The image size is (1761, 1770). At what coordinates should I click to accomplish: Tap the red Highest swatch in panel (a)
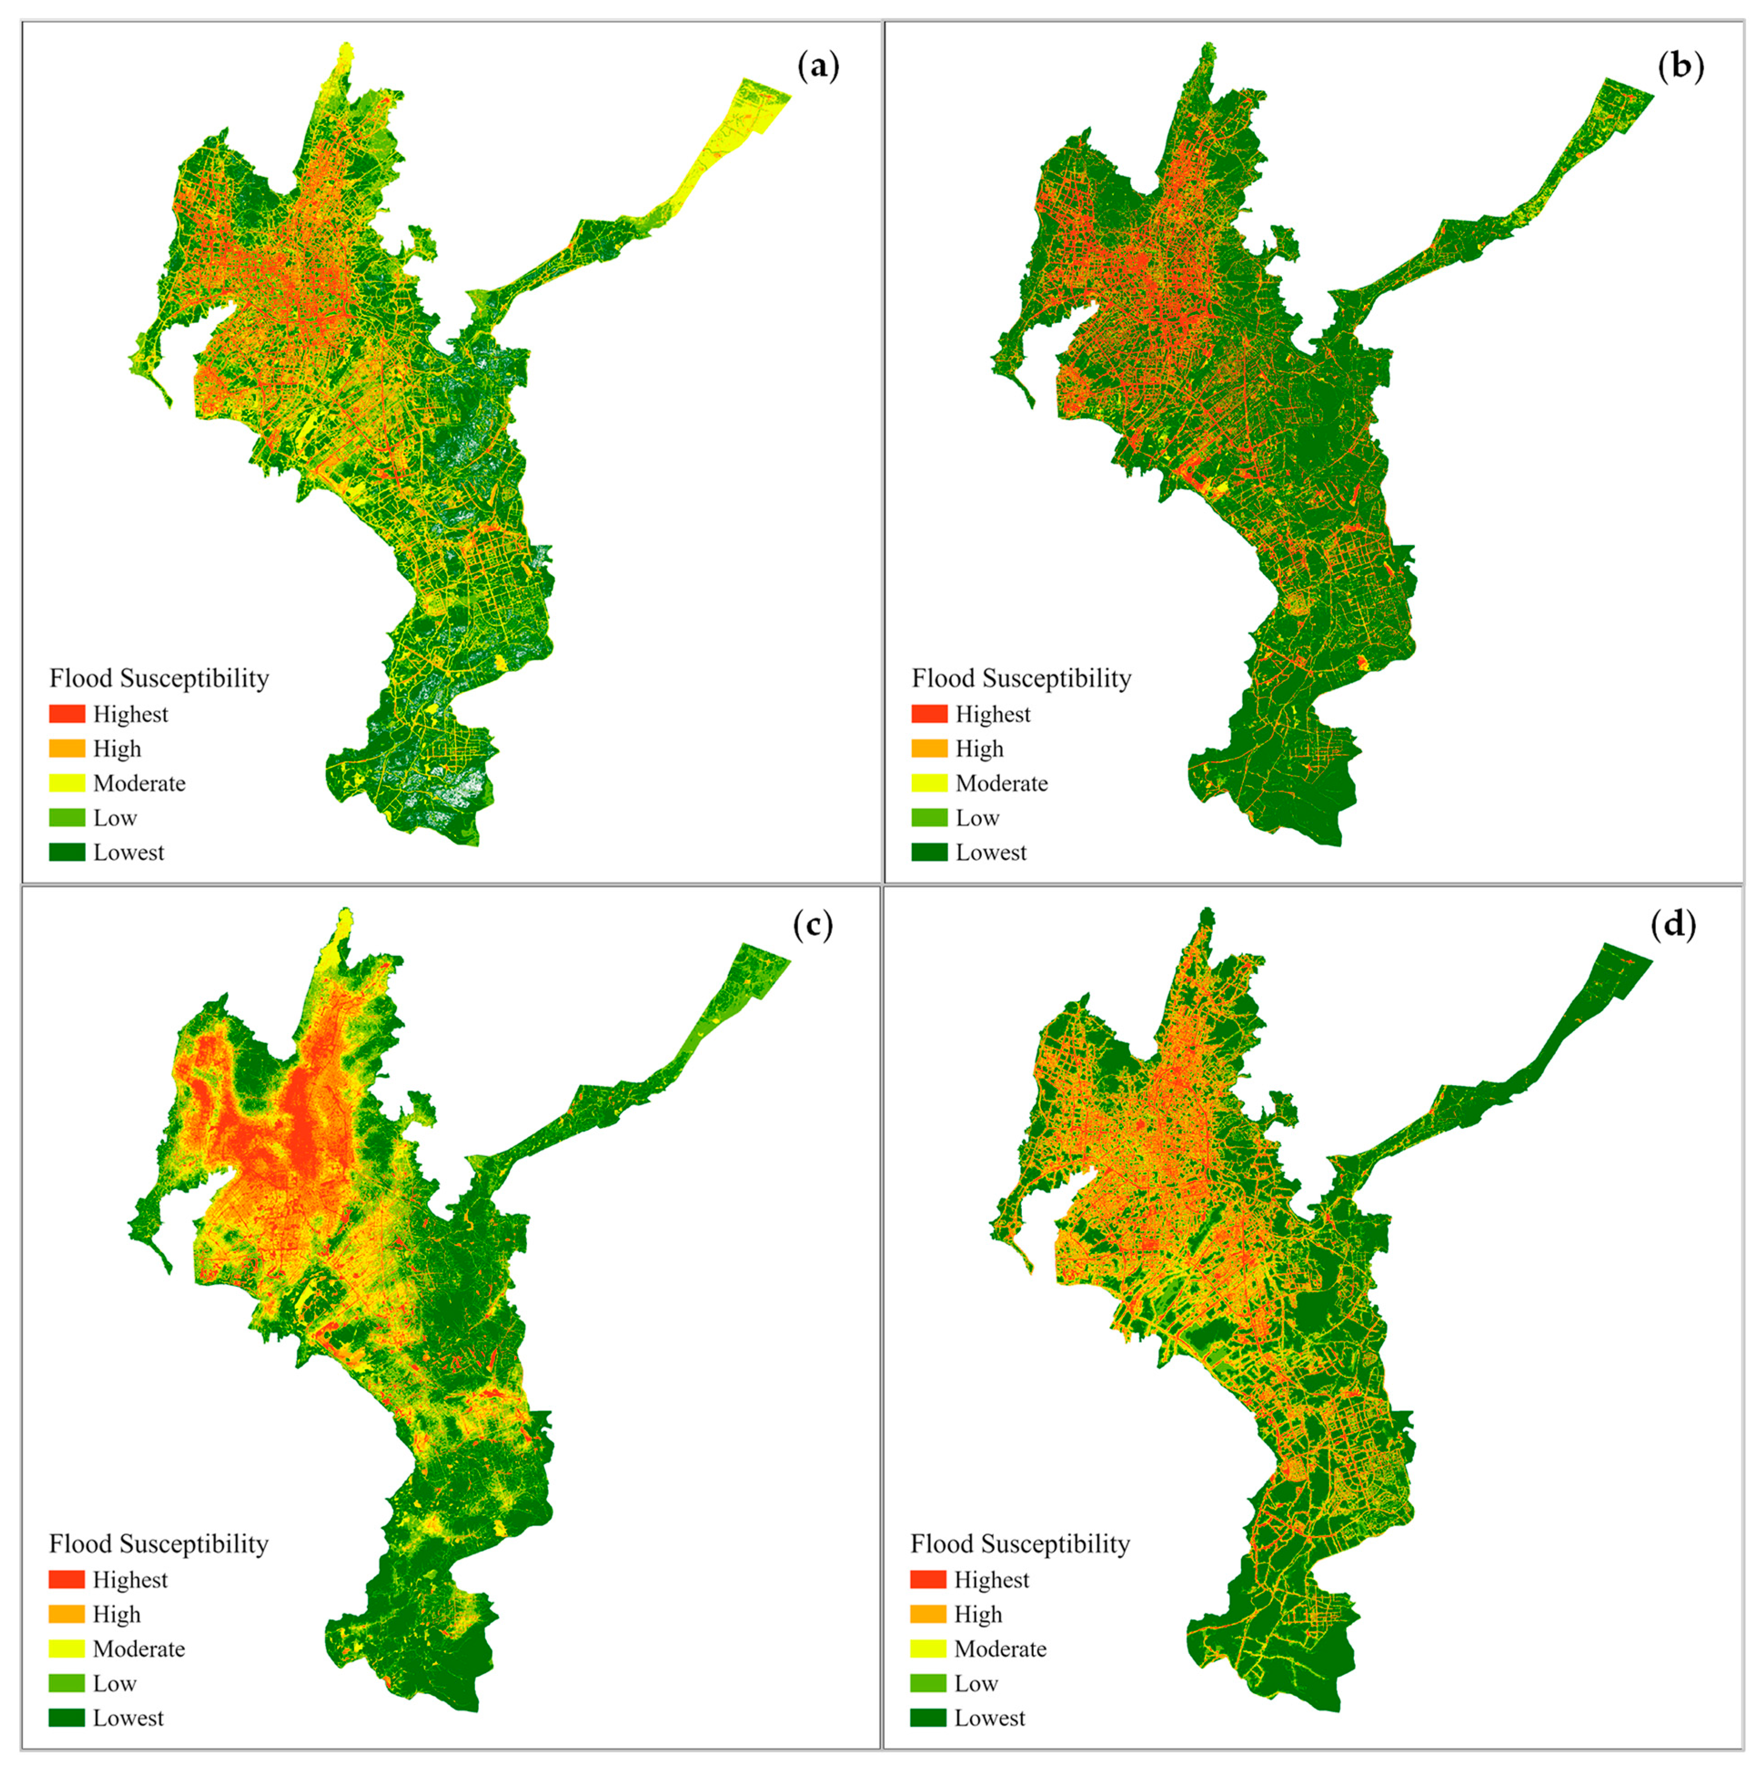click(x=67, y=713)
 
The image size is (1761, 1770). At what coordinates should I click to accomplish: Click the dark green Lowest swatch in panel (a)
click(x=67, y=852)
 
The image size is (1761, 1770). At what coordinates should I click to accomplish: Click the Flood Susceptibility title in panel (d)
click(x=1020, y=1544)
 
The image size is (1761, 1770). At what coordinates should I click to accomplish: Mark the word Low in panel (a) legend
click(x=115, y=818)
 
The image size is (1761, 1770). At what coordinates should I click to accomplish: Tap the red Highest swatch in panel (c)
click(x=67, y=1579)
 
